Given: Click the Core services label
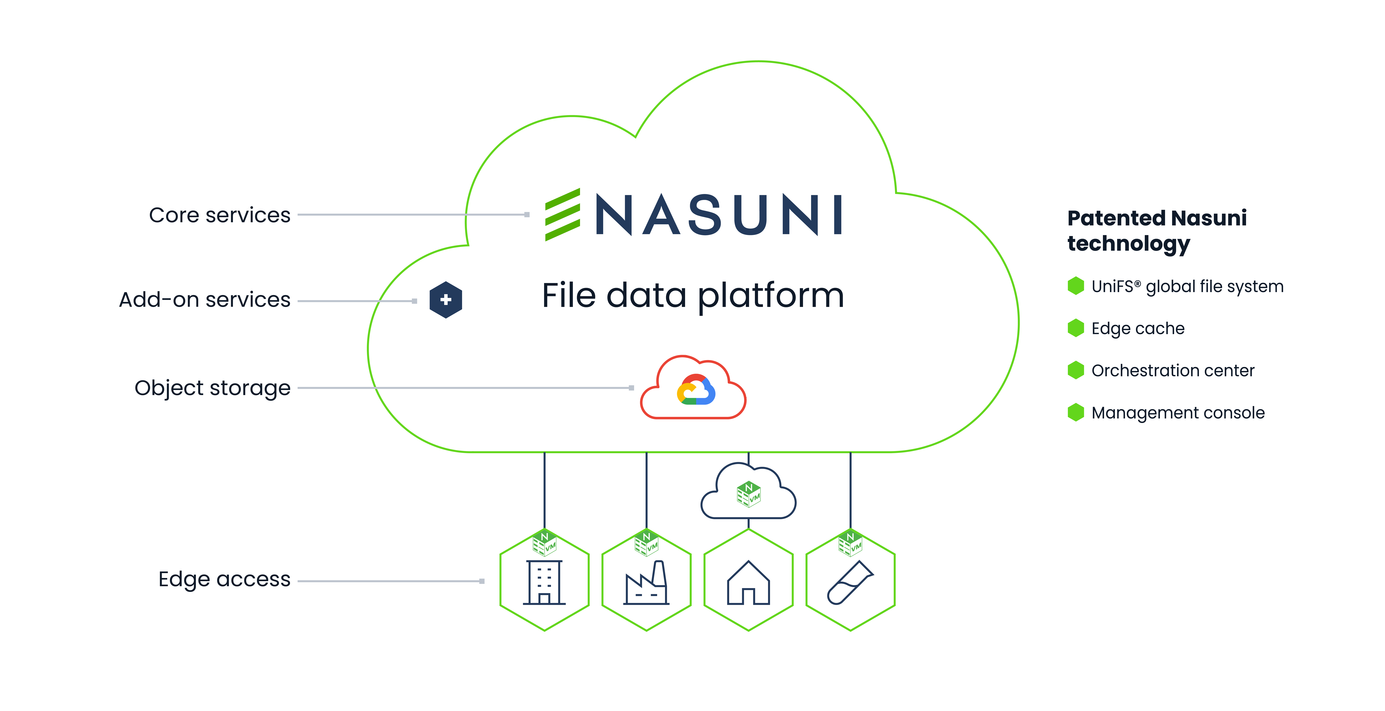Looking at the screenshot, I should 219,215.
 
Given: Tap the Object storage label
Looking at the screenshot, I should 212,388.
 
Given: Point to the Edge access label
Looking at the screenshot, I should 224,579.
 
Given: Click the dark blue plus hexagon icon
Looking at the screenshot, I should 446,300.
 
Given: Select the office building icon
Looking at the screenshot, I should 544,582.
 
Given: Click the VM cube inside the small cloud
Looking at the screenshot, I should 748,494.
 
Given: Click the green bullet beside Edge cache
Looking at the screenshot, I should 1076,328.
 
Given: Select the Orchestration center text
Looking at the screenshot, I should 1173,371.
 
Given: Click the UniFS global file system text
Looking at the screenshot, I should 1187,286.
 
